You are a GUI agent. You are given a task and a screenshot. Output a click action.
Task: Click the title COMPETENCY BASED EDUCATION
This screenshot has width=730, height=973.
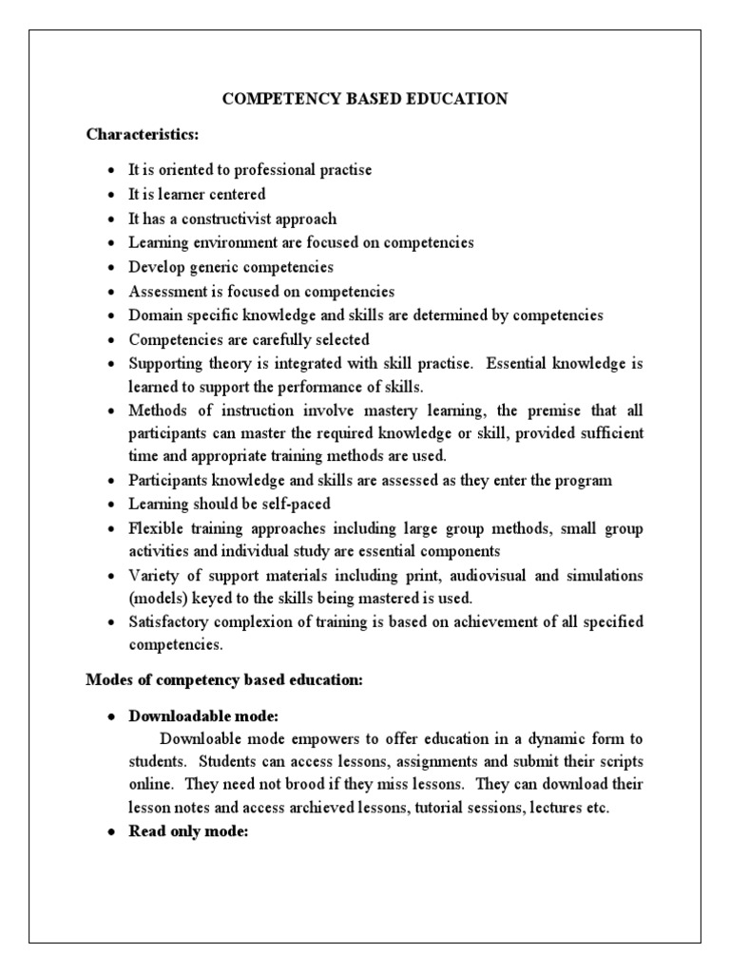[365, 98]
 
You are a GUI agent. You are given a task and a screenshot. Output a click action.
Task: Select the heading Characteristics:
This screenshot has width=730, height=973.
[143, 134]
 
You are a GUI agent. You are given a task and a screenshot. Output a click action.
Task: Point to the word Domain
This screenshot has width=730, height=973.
[154, 315]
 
